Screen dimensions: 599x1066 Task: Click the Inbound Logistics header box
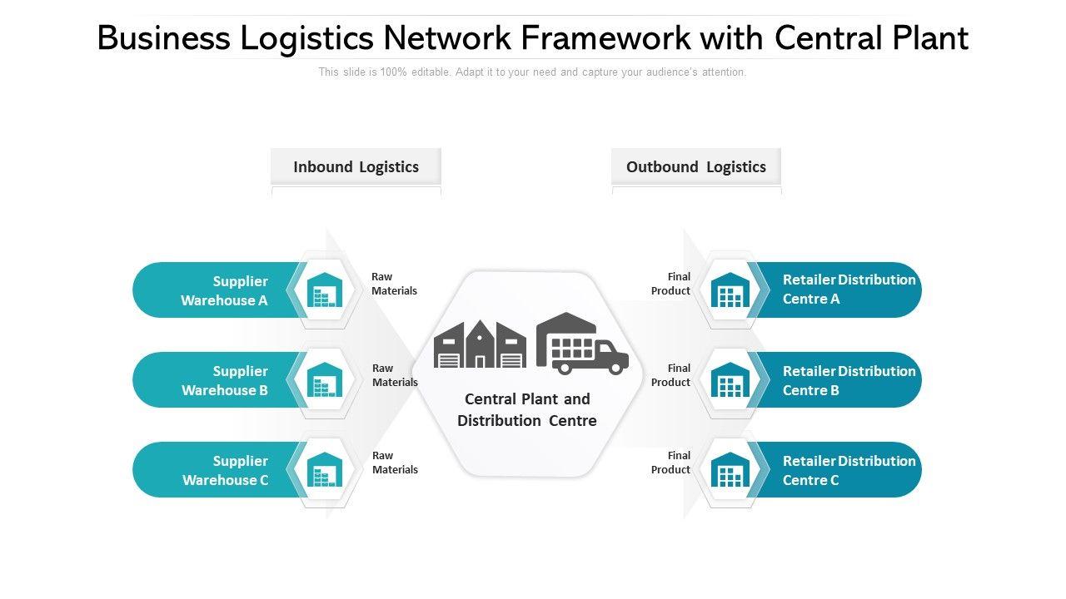coord(356,166)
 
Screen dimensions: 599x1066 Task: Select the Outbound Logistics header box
coord(696,166)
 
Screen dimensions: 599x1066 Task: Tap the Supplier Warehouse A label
coord(225,290)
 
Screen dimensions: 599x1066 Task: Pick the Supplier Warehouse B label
coord(225,380)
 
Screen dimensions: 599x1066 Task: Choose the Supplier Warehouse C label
coord(225,470)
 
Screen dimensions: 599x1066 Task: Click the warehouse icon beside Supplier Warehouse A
coord(325,290)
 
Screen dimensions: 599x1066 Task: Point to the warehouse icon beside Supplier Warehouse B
coord(325,380)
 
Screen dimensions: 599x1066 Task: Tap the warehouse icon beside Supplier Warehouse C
coord(325,470)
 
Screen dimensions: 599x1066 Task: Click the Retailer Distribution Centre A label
coord(849,290)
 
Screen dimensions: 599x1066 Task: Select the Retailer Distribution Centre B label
coord(849,380)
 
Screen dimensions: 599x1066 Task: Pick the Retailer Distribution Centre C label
coord(849,470)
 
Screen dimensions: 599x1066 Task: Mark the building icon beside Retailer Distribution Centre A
coord(730,290)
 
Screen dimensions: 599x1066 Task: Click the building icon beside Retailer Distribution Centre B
coord(730,380)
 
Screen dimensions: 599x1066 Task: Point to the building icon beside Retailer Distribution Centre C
coord(730,470)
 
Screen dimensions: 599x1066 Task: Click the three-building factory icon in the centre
coord(480,344)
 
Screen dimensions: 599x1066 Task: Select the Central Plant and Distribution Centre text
coord(527,409)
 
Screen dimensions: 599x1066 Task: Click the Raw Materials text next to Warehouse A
coord(394,284)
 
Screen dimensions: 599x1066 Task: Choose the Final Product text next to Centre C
coord(670,463)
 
